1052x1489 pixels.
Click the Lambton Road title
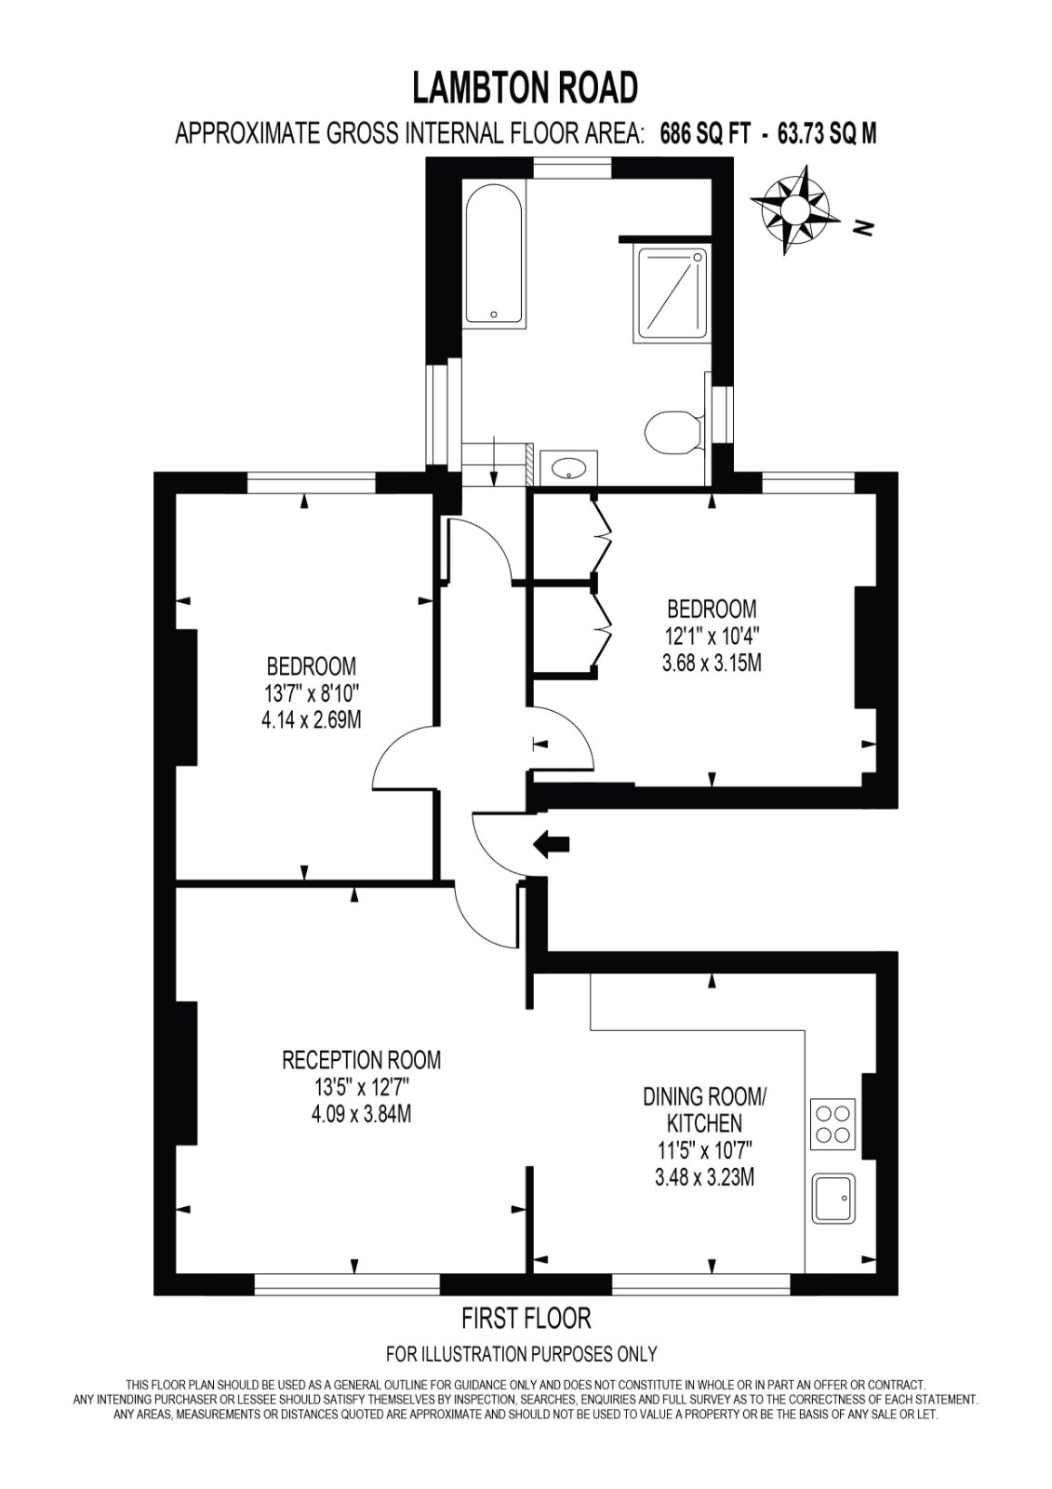click(526, 88)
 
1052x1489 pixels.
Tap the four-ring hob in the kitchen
click(834, 1122)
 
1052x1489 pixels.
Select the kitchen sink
click(836, 1199)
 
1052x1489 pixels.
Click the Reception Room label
click(361, 1059)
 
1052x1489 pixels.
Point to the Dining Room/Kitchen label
click(704, 1109)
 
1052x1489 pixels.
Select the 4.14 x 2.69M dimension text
click(313, 720)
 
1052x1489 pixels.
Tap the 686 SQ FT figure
click(702, 135)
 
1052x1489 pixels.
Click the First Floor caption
click(526, 1318)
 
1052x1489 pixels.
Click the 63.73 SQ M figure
click(827, 135)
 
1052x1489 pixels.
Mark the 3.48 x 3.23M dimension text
click(704, 1177)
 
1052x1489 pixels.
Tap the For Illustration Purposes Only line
click(521, 1354)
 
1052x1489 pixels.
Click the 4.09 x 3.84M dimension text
click(361, 1113)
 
